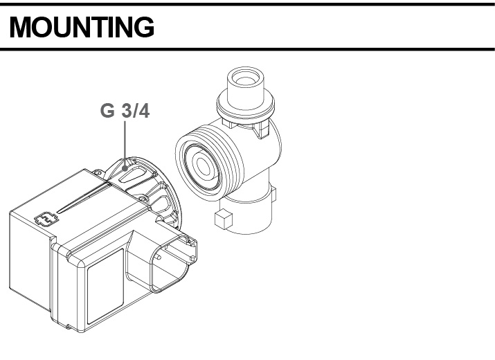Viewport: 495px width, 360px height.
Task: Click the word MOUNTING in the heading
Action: (82, 28)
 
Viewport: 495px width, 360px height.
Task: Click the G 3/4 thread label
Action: (125, 111)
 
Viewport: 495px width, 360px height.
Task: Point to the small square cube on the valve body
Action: (222, 221)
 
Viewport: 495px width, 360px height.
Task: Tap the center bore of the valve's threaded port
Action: (204, 166)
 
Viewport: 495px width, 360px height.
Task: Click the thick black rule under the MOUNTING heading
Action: (247, 49)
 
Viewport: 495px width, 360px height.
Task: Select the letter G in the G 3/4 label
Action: (107, 111)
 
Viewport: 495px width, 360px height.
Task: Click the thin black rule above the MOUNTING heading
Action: (247, 4)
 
